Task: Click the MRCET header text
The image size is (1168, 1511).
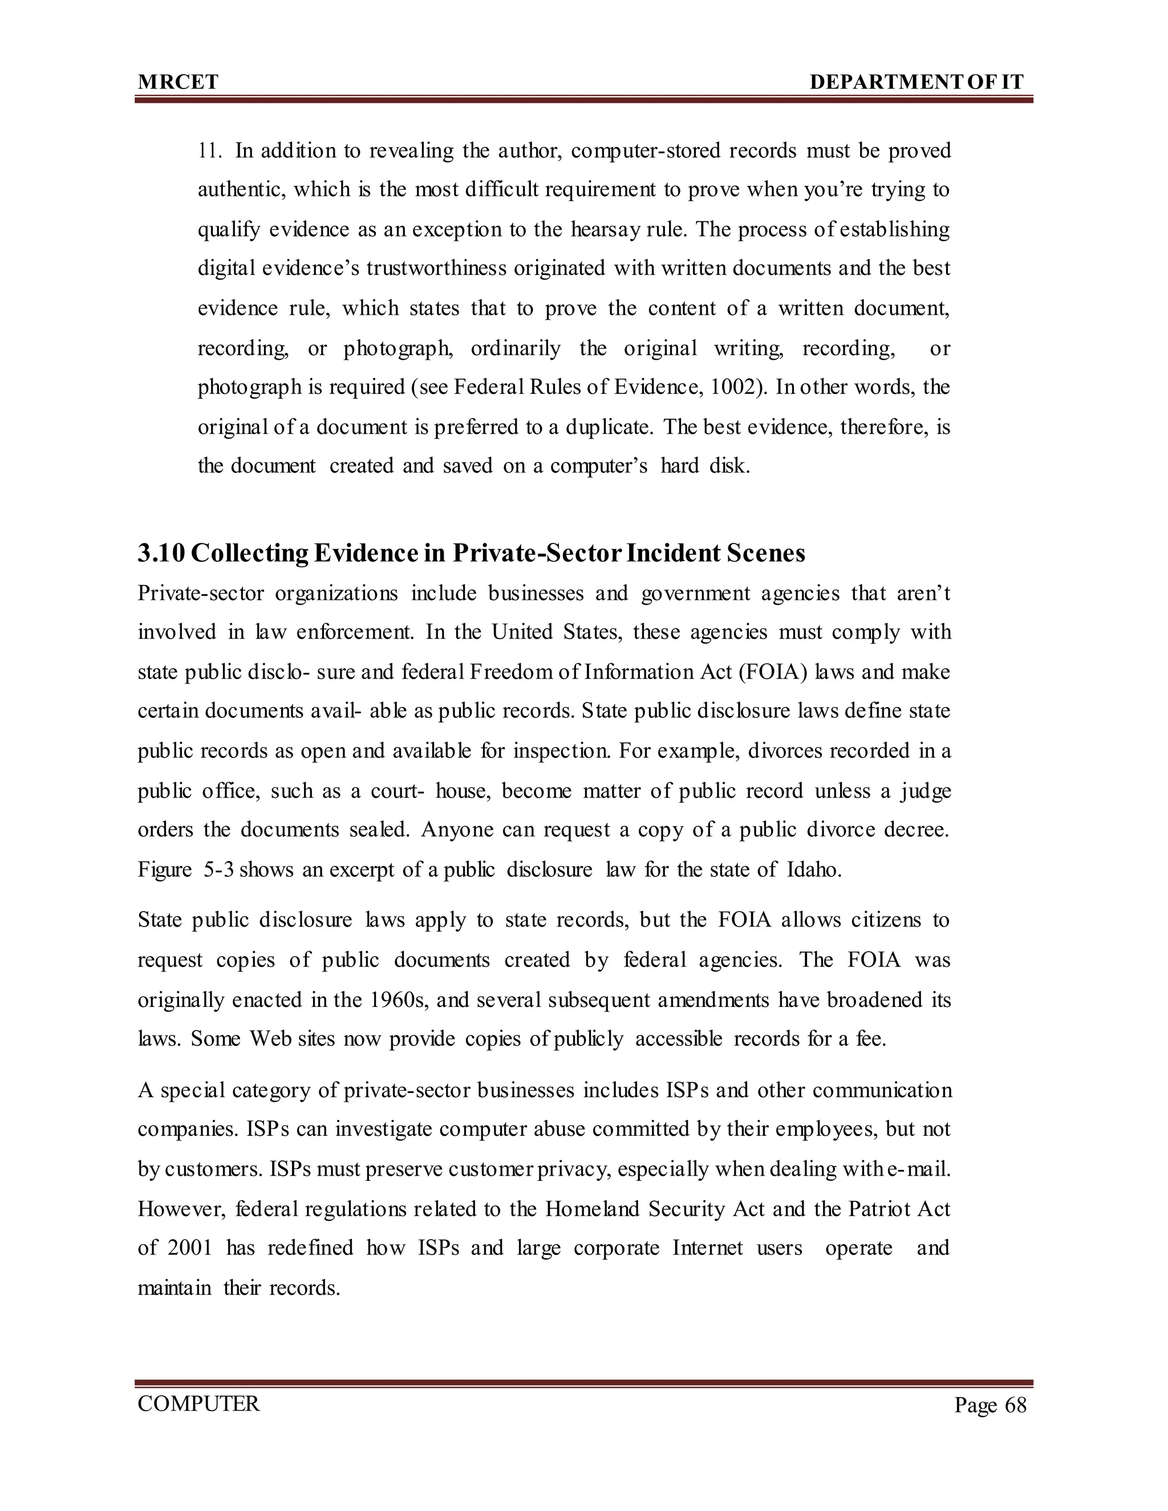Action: click(178, 82)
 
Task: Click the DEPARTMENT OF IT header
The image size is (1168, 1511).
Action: click(916, 82)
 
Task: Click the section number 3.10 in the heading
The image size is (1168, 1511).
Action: click(161, 554)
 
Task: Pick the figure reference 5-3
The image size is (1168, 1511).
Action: click(220, 870)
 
